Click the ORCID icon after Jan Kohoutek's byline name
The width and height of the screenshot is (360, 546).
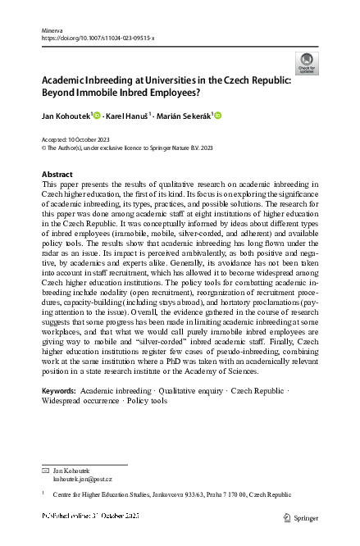(x=97, y=115)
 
